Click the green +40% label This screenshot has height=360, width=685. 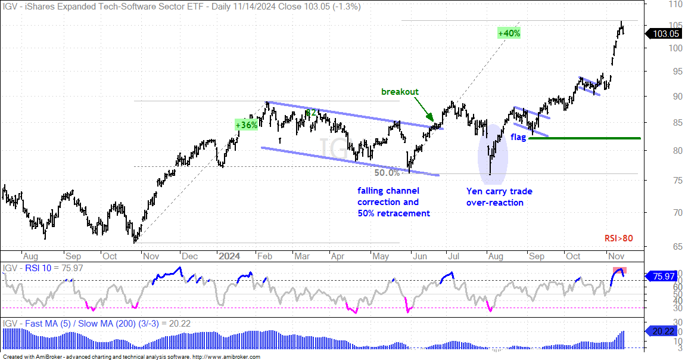[x=509, y=33]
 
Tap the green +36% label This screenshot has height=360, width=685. [x=247, y=125]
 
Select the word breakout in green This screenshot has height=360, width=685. [x=400, y=92]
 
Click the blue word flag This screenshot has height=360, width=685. [x=518, y=137]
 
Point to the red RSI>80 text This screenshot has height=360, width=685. [x=619, y=238]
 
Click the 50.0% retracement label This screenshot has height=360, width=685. [x=387, y=173]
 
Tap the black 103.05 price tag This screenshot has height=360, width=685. [x=663, y=33]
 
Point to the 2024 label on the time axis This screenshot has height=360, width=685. [x=229, y=256]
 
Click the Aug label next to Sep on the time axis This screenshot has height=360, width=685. [x=30, y=256]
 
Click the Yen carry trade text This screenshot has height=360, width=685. [x=499, y=191]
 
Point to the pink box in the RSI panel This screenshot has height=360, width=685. [x=620, y=270]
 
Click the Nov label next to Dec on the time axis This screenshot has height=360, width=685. [x=151, y=256]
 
